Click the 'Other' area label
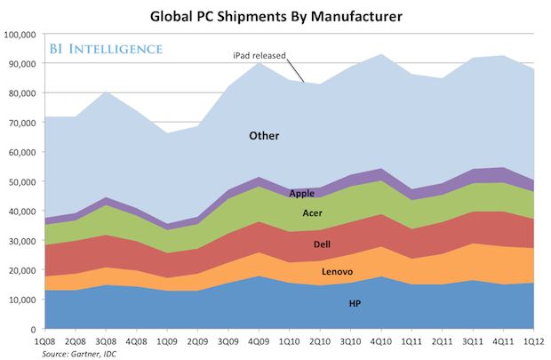pos(264,136)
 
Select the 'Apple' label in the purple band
pos(303,192)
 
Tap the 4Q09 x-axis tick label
pos(259,342)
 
